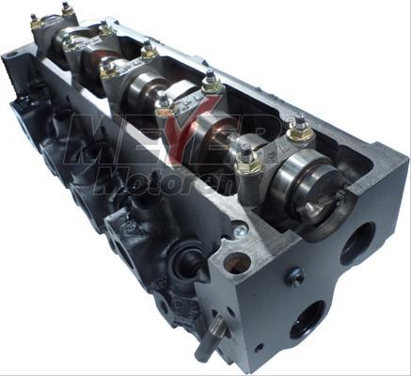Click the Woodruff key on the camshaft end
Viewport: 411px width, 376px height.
[x=313, y=206]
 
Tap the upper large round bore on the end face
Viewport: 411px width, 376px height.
[x=358, y=243]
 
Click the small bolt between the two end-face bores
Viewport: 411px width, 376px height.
[x=295, y=277]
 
